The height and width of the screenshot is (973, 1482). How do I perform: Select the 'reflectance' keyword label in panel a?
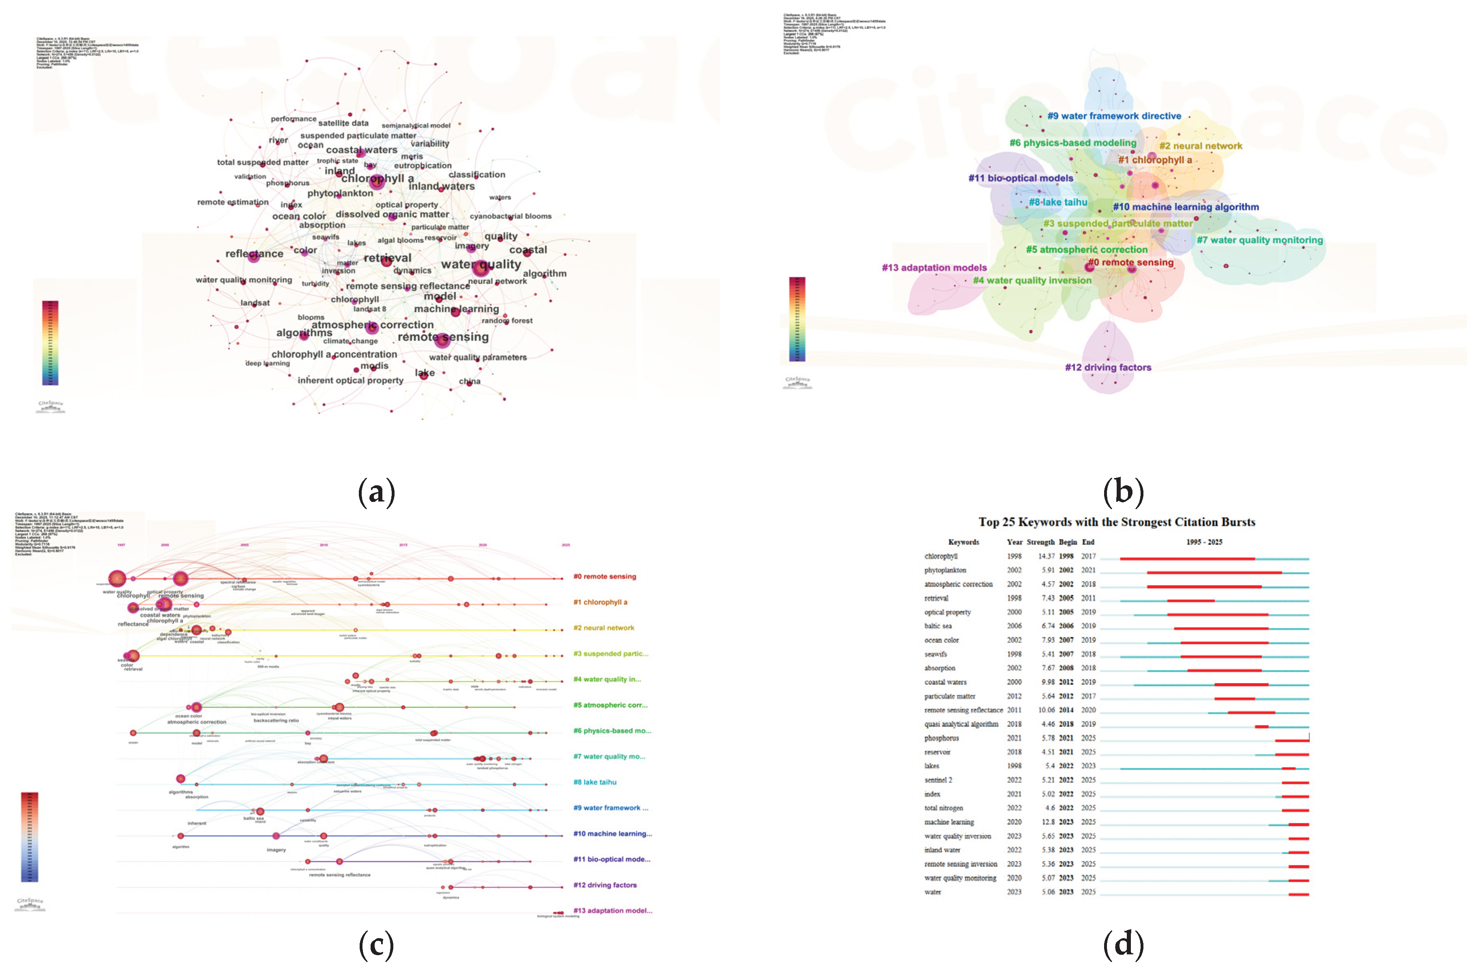[254, 253]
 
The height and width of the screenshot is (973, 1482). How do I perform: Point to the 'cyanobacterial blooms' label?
[510, 216]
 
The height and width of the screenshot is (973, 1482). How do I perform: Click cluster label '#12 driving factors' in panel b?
[1108, 367]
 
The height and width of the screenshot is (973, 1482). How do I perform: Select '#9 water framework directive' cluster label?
[1113, 116]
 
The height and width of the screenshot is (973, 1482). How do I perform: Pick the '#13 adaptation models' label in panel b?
[934, 268]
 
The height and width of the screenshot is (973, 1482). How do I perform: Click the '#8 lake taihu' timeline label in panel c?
[595, 782]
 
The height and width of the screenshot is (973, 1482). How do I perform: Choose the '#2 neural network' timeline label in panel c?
[603, 628]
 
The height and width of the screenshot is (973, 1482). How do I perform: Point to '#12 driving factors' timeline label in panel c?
[605, 885]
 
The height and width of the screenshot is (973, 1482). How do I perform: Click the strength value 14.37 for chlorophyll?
[1045, 556]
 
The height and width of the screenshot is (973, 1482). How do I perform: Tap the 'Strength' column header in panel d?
[1040, 542]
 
